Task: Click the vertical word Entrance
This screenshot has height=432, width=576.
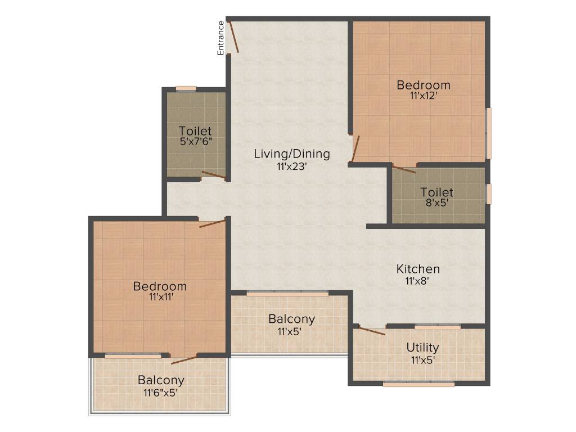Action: pos(221,38)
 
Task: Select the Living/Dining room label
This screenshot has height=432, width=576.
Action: pos(291,154)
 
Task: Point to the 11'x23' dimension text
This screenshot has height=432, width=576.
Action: pos(291,166)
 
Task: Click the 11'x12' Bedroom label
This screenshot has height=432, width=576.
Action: pos(424,85)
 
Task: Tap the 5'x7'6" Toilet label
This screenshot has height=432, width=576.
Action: pos(195,132)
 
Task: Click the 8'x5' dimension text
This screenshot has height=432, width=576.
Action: pos(436,203)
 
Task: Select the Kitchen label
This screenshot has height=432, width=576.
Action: pos(418,269)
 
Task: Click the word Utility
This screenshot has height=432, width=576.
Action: pos(423,348)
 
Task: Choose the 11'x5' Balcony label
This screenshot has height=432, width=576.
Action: pos(291,319)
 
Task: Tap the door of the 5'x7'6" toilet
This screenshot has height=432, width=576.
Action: pos(214,175)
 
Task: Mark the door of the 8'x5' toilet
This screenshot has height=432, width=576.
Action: pos(404,168)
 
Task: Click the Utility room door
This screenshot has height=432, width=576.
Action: pos(372,331)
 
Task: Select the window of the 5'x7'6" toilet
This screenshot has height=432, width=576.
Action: pos(186,88)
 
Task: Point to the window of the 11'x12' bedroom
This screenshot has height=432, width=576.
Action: pos(489,133)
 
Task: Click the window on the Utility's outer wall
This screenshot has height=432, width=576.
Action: pos(418,385)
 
